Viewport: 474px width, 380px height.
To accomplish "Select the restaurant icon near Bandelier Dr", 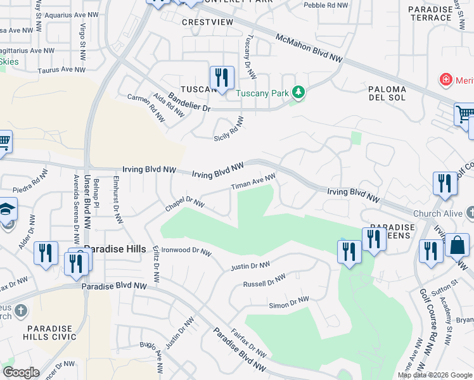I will point(222,78).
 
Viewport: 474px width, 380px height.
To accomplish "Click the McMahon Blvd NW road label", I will point(309,48).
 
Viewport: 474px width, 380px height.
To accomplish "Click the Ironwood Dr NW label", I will point(186,251).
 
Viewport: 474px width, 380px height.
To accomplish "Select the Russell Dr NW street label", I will point(265,279).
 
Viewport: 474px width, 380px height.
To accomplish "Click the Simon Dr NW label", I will point(289,302).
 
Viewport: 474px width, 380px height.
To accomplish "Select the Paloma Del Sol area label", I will point(387,94).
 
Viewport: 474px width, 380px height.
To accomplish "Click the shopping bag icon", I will point(457,244).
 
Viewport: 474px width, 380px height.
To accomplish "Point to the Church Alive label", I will point(437,213).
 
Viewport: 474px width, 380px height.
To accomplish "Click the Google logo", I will point(21,372).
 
